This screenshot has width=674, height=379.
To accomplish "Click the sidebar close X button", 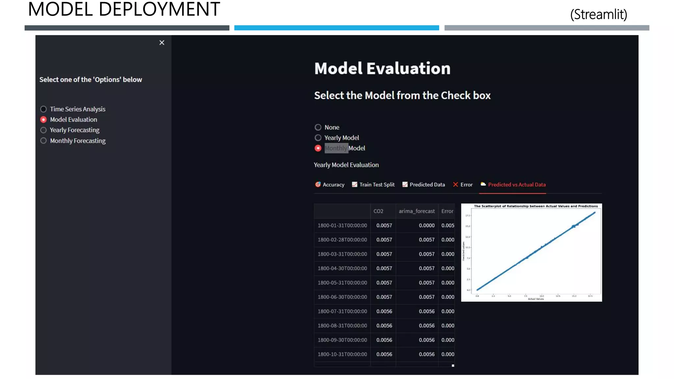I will pyautogui.click(x=162, y=43).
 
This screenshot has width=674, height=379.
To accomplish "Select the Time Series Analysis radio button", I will pyautogui.click(x=43, y=109).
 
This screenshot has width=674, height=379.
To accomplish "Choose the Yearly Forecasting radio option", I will pyautogui.click(x=43, y=130).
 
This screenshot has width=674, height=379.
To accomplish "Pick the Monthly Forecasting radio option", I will pyautogui.click(x=43, y=141).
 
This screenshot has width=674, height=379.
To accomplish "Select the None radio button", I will pyautogui.click(x=318, y=127).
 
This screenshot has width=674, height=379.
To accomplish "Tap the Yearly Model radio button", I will pyautogui.click(x=318, y=138).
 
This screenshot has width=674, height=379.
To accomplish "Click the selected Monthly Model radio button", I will pyautogui.click(x=318, y=148).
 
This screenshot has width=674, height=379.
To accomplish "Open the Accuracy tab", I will pyautogui.click(x=330, y=185).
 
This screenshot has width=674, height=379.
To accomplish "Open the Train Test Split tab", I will pyautogui.click(x=373, y=185).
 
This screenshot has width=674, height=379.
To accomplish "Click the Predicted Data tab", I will pyautogui.click(x=424, y=185).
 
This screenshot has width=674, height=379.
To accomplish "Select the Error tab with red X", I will pyautogui.click(x=463, y=185).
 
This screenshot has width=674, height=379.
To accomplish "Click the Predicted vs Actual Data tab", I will pyautogui.click(x=513, y=185).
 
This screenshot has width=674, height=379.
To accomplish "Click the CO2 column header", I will pyautogui.click(x=378, y=211).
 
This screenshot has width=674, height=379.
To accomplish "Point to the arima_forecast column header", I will pyautogui.click(x=417, y=211).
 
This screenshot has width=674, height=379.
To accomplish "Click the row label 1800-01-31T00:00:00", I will pyautogui.click(x=342, y=226).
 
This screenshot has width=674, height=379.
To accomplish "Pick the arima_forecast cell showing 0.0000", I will pyautogui.click(x=427, y=226).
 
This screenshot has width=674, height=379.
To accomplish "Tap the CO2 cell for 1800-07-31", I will pyautogui.click(x=384, y=312).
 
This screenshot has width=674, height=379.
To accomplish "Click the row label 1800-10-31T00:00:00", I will pyautogui.click(x=342, y=354).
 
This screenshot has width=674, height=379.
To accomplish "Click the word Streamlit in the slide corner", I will pyautogui.click(x=599, y=14).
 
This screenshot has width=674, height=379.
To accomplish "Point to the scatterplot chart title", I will pyautogui.click(x=536, y=206).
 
